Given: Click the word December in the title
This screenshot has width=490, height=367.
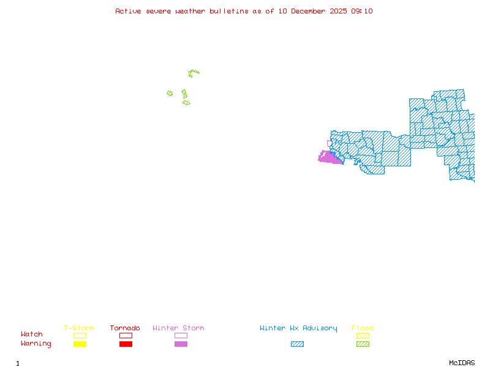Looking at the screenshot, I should pyautogui.click(x=310, y=11).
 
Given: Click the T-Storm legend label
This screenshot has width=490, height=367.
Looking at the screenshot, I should pyautogui.click(x=79, y=328).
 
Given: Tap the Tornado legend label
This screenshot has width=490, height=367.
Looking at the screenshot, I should pyautogui.click(x=125, y=328).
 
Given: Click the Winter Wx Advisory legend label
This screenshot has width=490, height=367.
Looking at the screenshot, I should pyautogui.click(x=298, y=328).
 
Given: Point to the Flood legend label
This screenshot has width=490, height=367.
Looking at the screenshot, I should pyautogui.click(x=363, y=328).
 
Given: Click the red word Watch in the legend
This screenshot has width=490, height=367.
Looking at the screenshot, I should pyautogui.click(x=32, y=335).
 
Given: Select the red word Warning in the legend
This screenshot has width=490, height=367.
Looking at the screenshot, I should pyautogui.click(x=36, y=344).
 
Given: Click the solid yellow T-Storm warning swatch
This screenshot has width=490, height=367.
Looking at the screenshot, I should pyautogui.click(x=80, y=344).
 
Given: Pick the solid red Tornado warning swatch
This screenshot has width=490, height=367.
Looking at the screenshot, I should pyautogui.click(x=126, y=344).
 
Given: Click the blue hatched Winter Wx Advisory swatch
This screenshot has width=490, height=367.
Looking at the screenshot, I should pyautogui.click(x=297, y=344).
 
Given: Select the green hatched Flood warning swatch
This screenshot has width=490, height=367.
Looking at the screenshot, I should pyautogui.click(x=363, y=344).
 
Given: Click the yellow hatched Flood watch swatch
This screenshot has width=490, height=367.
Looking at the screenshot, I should pyautogui.click(x=363, y=335).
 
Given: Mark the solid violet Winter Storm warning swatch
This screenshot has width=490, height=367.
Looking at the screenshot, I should pyautogui.click(x=181, y=344).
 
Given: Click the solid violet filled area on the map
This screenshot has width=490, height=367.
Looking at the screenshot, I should pyautogui.click(x=330, y=158).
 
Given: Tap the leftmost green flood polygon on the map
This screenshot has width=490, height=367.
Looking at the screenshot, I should pyautogui.click(x=170, y=94).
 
